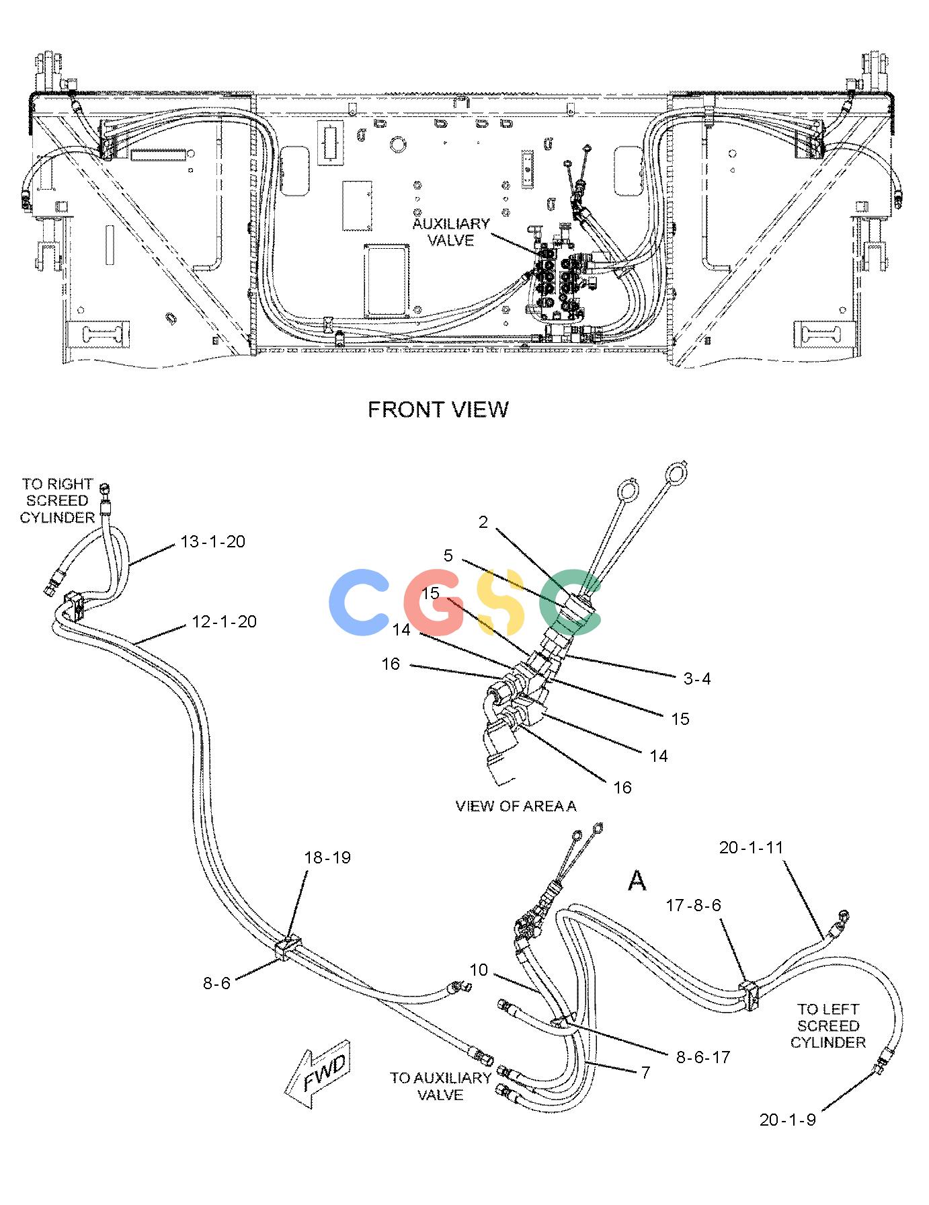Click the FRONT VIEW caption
pos(438,409)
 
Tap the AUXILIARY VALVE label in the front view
pos(451,232)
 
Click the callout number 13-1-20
pos(213,541)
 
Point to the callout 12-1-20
pos(225,621)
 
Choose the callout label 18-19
pos(327,857)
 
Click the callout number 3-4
pos(697,678)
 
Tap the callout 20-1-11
pos(752,847)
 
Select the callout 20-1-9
pos(788,1120)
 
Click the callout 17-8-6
pos(693,906)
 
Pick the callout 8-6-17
pos(703,1057)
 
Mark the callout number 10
pos(479,970)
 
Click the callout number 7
pos(645,1073)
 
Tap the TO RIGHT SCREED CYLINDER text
pos(57,500)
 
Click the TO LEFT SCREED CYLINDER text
pos(828,1025)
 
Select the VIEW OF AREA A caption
pos(516,806)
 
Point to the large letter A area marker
pos(637,880)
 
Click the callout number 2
pos(483,522)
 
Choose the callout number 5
pos(448,556)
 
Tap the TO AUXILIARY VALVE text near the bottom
pos(441,1086)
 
